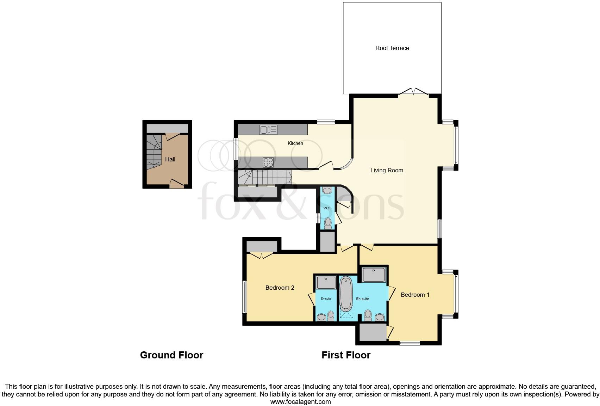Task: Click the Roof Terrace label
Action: point(392,48)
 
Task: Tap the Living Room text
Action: point(387,171)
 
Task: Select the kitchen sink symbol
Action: point(268,130)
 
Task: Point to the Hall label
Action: point(170,160)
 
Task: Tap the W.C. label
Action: point(327,208)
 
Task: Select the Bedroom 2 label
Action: point(280,288)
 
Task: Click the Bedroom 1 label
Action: point(415,295)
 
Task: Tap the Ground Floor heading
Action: point(171,355)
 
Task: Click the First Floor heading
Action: point(346,355)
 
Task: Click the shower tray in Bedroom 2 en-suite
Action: point(326,283)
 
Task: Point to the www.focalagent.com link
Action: point(300,402)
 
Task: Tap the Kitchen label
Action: point(295,143)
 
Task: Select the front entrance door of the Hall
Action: point(177,183)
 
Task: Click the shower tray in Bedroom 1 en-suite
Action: point(374,275)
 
